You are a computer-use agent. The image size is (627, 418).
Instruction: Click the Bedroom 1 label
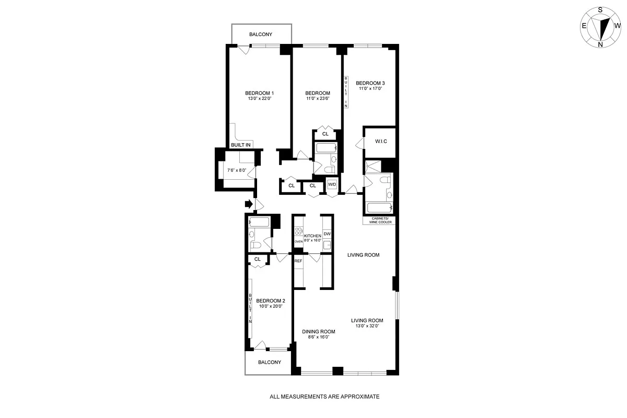(x=259, y=93)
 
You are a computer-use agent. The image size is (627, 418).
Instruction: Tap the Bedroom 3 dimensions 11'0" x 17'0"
(x=370, y=89)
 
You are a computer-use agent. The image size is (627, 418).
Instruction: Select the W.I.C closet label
(x=380, y=142)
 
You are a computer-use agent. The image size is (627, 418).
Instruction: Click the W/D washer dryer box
(x=332, y=185)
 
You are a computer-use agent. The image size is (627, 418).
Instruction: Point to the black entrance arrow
(x=249, y=203)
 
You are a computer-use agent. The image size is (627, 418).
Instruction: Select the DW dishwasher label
(x=327, y=234)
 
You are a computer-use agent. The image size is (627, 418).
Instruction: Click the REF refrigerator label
(x=298, y=261)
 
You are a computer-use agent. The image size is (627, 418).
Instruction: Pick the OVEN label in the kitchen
(x=298, y=242)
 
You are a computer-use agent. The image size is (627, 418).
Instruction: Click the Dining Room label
(x=318, y=332)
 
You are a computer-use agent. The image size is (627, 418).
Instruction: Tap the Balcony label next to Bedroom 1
(x=260, y=34)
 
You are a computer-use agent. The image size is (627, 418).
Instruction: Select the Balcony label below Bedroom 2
(x=269, y=362)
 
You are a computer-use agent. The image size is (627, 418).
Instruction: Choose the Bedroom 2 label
(x=271, y=300)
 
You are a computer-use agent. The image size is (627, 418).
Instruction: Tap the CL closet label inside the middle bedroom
(x=325, y=134)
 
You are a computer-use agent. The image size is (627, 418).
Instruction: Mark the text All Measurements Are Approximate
(x=324, y=397)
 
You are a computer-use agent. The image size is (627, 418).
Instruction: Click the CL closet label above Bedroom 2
(x=257, y=259)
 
